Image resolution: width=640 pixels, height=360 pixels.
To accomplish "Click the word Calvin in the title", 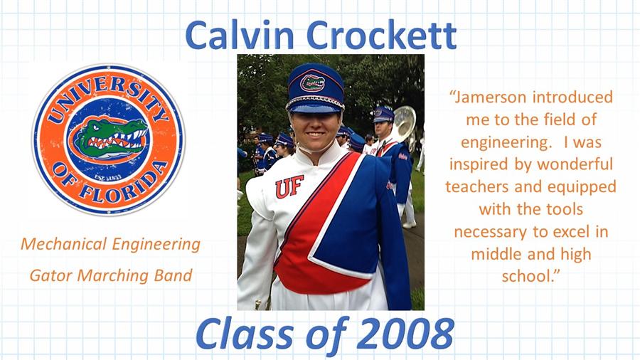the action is [240, 35].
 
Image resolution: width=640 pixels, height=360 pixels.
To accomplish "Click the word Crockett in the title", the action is [381, 35].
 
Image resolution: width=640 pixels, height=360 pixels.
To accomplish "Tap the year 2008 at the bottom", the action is [407, 333].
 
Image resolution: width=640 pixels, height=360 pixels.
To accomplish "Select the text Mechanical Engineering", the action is [111, 244].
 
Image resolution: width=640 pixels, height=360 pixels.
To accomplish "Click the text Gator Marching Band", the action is [111, 275].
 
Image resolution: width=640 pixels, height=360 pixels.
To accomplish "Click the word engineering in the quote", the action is [506, 143].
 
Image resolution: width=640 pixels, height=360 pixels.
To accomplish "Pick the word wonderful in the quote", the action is [575, 164].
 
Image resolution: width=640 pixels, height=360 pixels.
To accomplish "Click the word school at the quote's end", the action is [530, 276].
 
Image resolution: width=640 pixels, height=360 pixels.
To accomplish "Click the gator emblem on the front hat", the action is [313, 83].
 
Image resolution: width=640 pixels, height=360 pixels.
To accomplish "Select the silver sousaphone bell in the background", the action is [404, 123].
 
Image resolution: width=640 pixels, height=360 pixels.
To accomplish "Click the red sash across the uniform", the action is [314, 228].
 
